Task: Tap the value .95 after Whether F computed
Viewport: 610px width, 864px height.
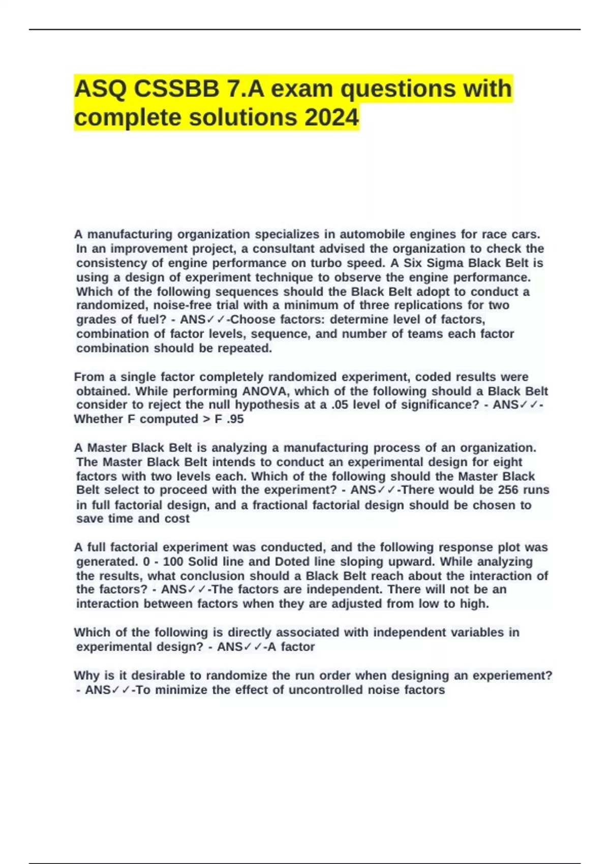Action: pyautogui.click(x=233, y=419)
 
